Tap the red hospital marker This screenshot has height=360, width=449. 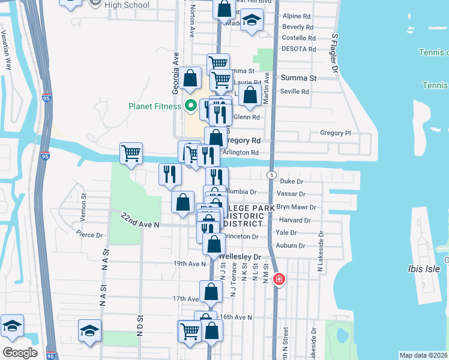click(279, 280)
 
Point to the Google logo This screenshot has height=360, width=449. click(20, 352)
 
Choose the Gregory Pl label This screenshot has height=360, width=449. click(335, 133)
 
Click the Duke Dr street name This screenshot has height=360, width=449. click(292, 181)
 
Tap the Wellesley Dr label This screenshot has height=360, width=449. click(244, 257)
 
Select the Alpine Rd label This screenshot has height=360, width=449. click(296, 16)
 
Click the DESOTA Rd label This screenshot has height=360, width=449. click(298, 49)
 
